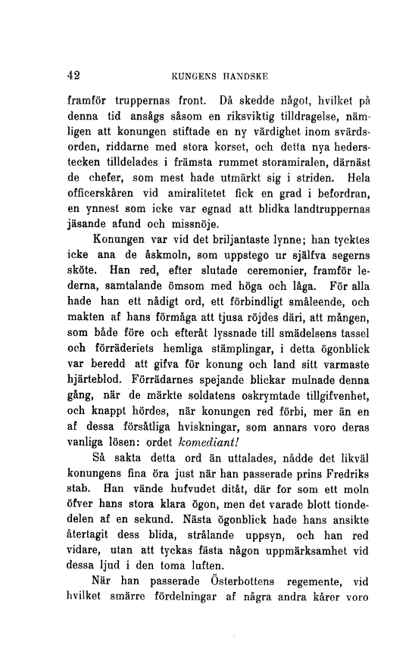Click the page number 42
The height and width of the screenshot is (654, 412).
73,76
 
